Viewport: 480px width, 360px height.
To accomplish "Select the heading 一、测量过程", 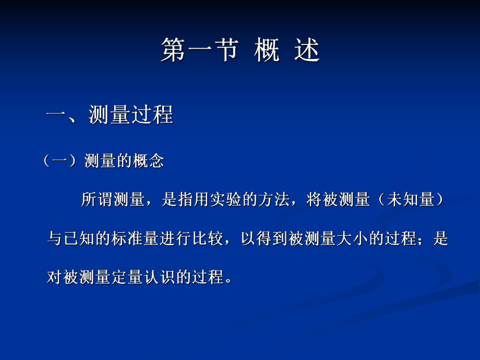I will pos(110,115).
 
